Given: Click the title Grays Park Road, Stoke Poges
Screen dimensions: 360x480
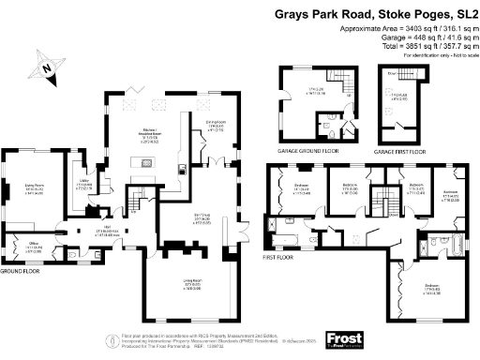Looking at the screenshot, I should point(375,14).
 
